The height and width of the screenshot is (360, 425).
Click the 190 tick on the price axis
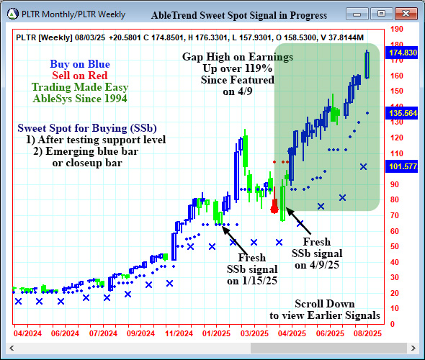pyautogui.click(x=395, y=29)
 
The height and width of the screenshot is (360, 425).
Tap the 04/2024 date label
pyautogui.click(x=27, y=333)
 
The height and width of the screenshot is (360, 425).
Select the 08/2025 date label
pyautogui.click(x=367, y=333)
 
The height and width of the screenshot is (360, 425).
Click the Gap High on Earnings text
pyautogui.click(x=237, y=56)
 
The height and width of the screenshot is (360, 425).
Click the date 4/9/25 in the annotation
pyautogui.click(x=317, y=264)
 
